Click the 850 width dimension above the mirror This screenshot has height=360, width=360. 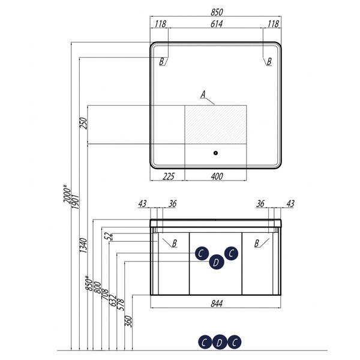point(217,12)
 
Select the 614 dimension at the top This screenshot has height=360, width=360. point(217,24)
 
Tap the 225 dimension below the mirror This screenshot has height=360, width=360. point(169,176)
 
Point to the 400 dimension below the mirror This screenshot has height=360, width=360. point(217,176)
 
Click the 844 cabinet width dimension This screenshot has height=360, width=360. point(217,304)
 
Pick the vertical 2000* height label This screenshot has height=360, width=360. point(67,194)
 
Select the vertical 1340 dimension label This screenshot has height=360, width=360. point(83,245)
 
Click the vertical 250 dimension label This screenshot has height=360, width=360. point(83,123)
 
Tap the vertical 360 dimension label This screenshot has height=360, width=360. point(128,322)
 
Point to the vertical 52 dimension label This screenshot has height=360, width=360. point(108,236)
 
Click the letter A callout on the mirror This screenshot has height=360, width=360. point(203,94)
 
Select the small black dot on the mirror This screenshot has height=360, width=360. point(215,153)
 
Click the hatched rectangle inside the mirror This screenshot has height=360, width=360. point(215,124)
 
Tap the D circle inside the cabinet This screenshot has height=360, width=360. point(217,262)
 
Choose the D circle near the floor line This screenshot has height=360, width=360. point(220,343)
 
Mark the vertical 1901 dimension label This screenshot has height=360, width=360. point(75,202)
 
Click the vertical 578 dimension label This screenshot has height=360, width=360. point(121,304)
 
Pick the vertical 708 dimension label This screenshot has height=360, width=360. point(104,295)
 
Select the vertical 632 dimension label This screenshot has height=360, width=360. point(113,301)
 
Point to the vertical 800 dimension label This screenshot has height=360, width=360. point(97,287)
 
